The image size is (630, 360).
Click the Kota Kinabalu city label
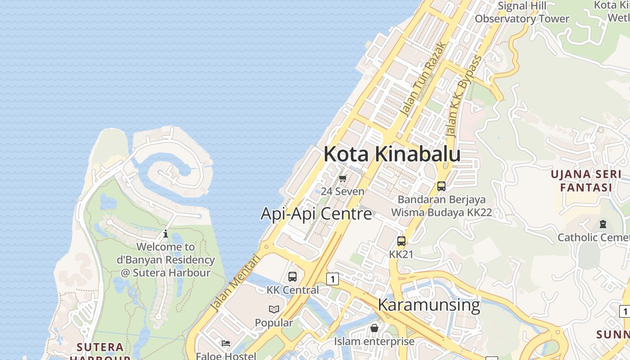pos(392,154)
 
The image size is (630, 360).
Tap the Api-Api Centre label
pos(316,213)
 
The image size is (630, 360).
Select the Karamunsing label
pos(429,305)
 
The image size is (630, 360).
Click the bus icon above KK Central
pos(292,277)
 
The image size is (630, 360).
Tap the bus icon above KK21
pos(401,241)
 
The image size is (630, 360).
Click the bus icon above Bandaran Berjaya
pos(441,186)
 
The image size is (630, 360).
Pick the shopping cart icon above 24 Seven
pos(343,178)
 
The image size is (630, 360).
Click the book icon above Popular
pos(274,309)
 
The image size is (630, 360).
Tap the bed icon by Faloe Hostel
pos(226,343)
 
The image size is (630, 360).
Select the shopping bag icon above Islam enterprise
pos(374,328)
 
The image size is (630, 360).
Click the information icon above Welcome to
pos(166,234)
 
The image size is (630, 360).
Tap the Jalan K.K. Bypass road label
pos(463,96)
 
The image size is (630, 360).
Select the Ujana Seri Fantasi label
pos(586,180)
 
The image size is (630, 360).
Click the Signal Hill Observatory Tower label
pos(522,13)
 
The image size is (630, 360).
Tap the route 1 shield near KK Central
pos(332,279)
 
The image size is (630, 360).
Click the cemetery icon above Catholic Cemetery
pos(603,224)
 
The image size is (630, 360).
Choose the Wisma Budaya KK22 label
pos(441,212)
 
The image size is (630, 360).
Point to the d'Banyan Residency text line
pos(166,260)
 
